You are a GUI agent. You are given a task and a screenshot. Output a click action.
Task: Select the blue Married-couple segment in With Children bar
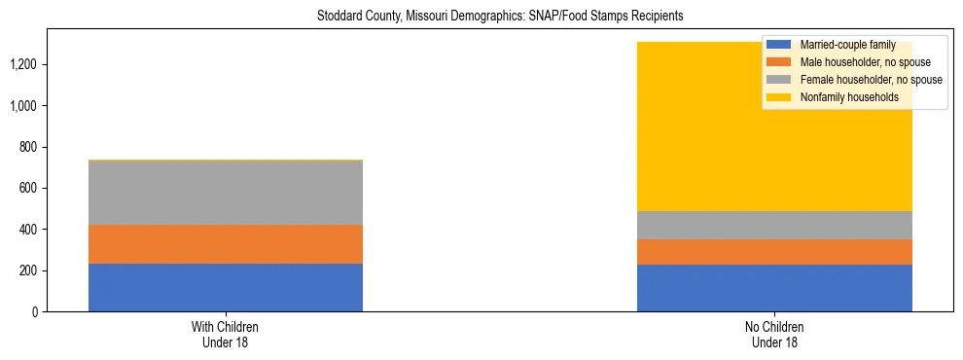[226, 287]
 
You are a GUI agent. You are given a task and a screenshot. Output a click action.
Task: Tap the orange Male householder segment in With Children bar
[226, 244]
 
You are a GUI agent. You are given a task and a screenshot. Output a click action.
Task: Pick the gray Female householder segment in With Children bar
[226, 193]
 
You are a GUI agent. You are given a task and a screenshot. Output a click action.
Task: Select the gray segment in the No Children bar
[774, 226]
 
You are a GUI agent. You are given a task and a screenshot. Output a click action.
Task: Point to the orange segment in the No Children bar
[774, 252]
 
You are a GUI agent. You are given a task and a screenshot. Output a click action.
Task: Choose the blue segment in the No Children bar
[774, 288]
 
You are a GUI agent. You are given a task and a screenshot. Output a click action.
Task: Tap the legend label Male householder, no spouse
[864, 62]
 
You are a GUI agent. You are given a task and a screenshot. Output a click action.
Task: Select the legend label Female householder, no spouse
[871, 80]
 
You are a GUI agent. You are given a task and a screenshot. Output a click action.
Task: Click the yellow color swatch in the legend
[779, 97]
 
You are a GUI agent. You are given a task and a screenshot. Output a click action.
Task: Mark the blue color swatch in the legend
[779, 45]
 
